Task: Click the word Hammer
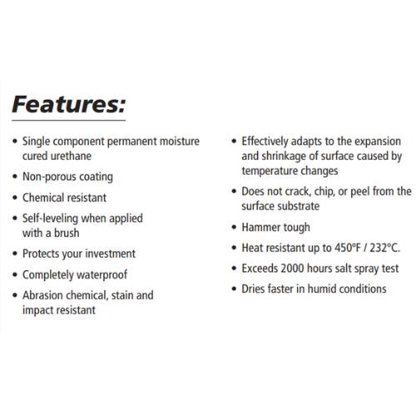point(261,226)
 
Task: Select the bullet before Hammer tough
point(234,227)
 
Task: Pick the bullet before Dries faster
point(234,290)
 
